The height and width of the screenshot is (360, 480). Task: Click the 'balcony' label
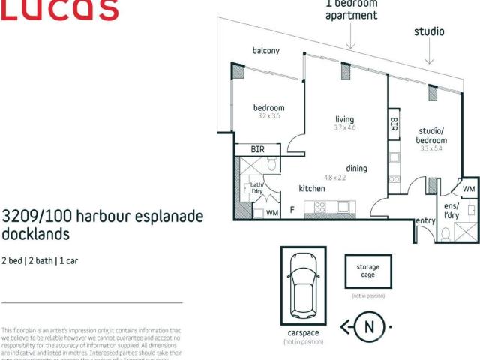[x=266, y=51]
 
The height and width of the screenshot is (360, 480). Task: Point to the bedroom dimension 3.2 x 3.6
[x=268, y=117]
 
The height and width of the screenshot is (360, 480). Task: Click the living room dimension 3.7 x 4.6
[x=344, y=129]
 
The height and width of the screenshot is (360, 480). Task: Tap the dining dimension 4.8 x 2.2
[x=335, y=178]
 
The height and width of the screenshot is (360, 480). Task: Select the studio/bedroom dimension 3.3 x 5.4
[x=432, y=148]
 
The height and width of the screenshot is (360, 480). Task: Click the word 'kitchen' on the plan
[x=312, y=189]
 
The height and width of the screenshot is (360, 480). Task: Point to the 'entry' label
[x=426, y=220]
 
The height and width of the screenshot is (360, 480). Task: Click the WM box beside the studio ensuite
[x=469, y=188]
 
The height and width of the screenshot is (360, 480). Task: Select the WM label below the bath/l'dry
[x=271, y=213]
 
